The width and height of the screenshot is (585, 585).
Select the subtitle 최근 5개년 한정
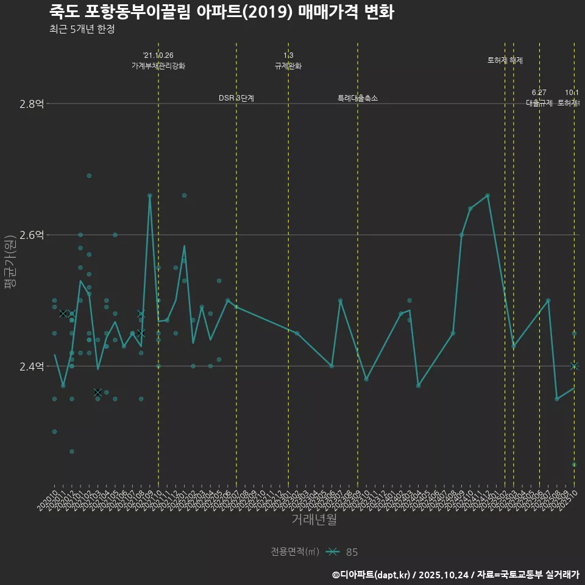point(82,29)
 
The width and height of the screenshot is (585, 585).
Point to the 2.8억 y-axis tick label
point(31,104)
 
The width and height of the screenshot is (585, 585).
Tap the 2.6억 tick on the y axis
point(31,235)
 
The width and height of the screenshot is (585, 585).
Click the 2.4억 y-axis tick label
point(31,366)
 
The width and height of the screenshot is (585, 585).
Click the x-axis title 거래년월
point(314,519)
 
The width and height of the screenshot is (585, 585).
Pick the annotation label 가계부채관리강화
point(158,66)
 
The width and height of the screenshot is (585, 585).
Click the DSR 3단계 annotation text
point(236,98)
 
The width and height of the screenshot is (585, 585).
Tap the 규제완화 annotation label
point(288,66)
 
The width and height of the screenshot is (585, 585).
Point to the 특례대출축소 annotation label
point(358,98)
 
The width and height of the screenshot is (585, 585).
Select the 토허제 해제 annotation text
point(505,60)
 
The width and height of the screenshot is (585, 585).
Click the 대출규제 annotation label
point(539,103)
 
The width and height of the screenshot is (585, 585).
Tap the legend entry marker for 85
point(332,552)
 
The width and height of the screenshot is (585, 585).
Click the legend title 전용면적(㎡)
point(295,552)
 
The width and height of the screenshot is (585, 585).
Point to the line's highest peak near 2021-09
point(149,195)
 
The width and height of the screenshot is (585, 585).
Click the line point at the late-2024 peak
point(487,195)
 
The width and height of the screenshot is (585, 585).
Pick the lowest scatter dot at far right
point(574,464)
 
